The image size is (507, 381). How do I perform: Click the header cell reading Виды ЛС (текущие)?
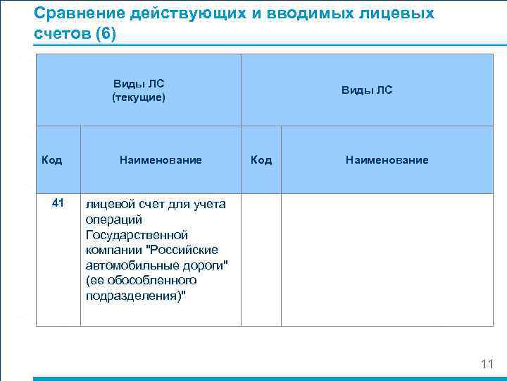coord(138,90)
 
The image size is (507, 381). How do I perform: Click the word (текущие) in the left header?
coord(138,97)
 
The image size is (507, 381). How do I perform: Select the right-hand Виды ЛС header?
coord(367,90)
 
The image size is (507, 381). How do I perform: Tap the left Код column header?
coord(51,160)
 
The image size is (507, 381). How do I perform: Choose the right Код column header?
coord(261,160)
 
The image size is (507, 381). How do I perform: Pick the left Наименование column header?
coord(161,160)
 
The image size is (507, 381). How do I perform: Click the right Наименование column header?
coord(387,160)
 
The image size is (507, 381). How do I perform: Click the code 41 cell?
coord(58,203)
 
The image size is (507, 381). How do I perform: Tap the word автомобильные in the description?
coord(126,265)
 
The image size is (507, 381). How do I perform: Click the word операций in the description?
coord(108,219)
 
